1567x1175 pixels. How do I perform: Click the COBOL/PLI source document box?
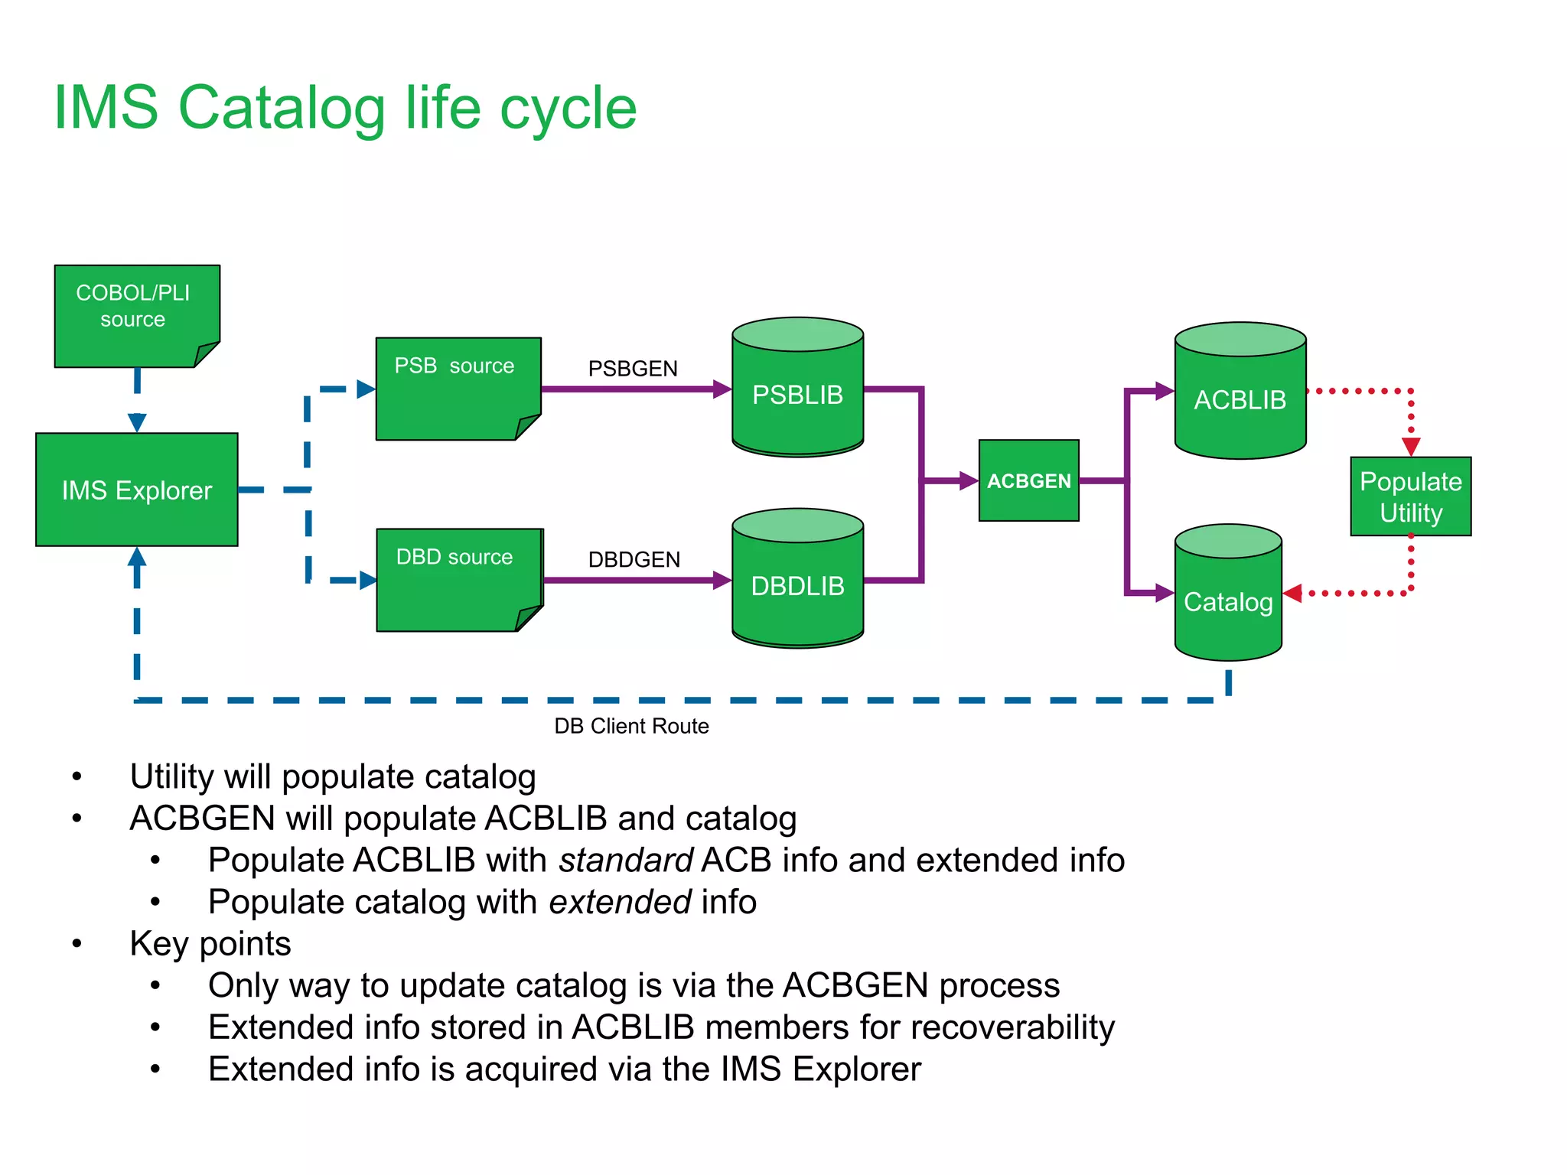pos(136,315)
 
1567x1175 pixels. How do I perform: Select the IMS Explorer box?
pos(136,490)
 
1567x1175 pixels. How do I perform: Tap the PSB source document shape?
pos(457,388)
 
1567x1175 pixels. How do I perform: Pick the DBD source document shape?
pos(457,579)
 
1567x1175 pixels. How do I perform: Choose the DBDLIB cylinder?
pos(797,585)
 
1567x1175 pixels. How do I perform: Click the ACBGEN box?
pos(1028,480)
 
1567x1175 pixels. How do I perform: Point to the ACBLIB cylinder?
pos(1240,399)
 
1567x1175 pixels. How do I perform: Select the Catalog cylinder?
pos(1228,601)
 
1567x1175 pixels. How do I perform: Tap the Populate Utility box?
pos(1410,496)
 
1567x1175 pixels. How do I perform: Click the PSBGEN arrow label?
pos(633,369)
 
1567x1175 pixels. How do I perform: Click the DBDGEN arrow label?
pos(634,560)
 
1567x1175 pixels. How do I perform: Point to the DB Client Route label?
pos(631,726)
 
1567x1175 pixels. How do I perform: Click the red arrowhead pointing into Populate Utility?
pos(1411,447)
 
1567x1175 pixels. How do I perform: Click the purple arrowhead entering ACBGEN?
pos(969,481)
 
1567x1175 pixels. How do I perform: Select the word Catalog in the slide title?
pos(282,108)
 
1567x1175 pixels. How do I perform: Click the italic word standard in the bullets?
pos(626,860)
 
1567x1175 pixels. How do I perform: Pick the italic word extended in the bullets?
pos(620,902)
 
